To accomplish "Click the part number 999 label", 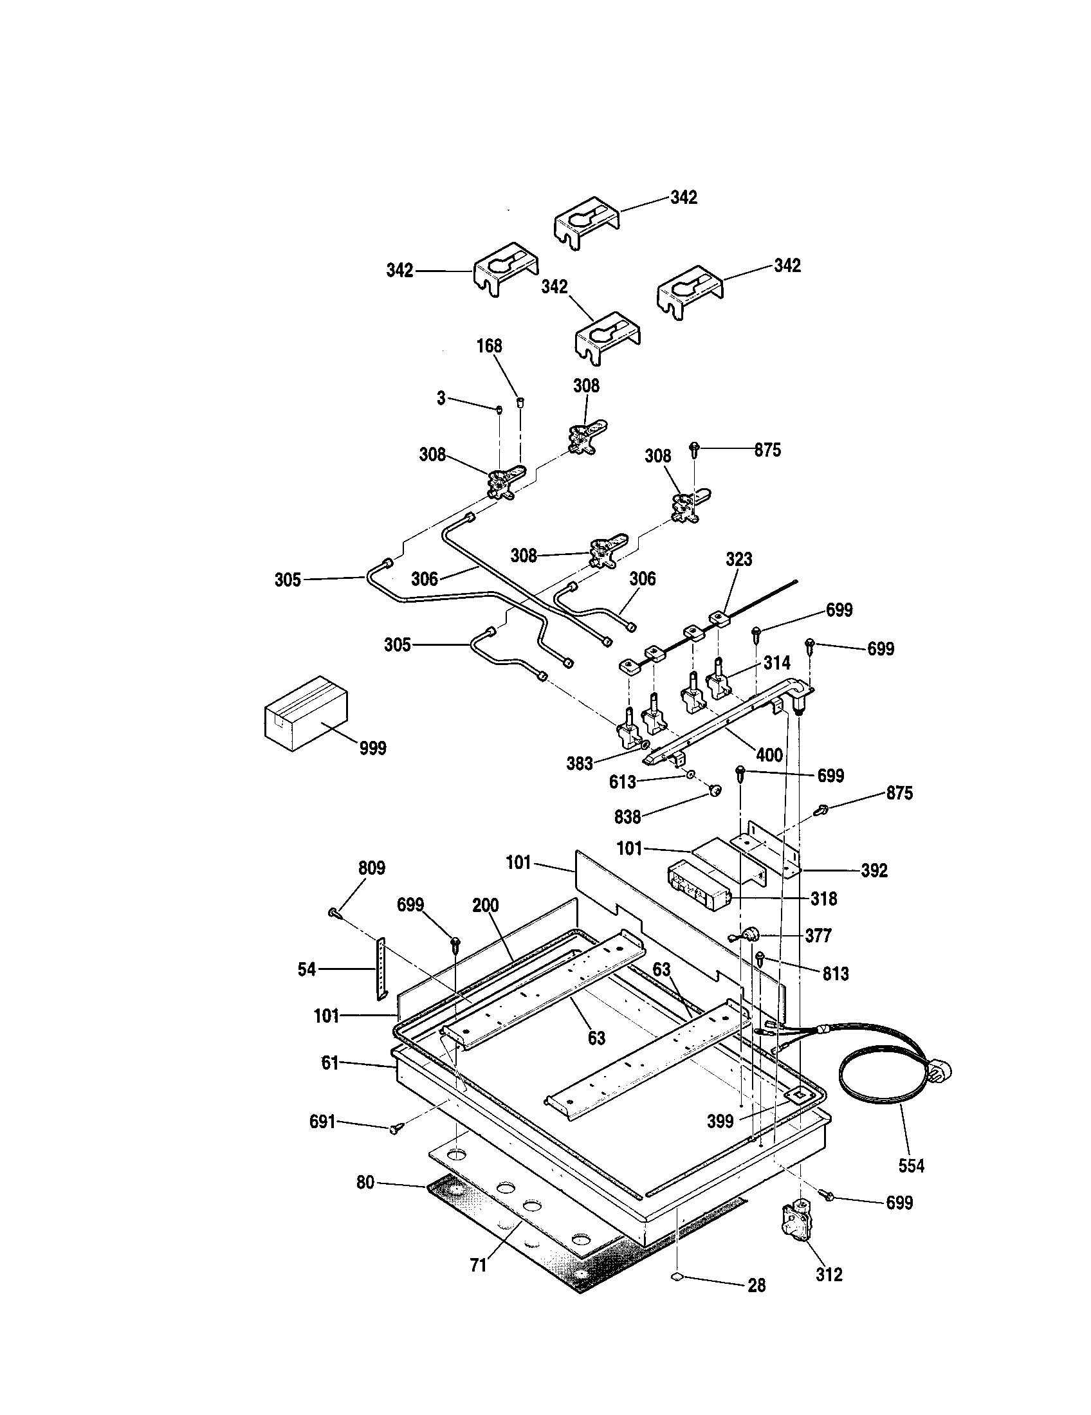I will [x=372, y=748].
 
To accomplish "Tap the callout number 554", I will [x=911, y=1165].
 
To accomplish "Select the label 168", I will [x=489, y=346].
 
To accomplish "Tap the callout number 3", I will [x=441, y=399].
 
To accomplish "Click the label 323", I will [x=738, y=559].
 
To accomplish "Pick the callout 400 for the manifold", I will [x=769, y=755].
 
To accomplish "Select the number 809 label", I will [x=371, y=868].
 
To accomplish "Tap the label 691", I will [x=323, y=1122].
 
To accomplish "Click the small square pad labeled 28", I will [x=677, y=1273].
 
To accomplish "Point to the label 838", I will [x=627, y=817].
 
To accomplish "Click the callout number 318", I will [x=823, y=899].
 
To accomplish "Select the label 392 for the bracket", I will [x=874, y=871].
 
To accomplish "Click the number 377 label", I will [x=818, y=936].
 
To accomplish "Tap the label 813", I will [x=835, y=974].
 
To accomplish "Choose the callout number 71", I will [x=478, y=1265].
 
